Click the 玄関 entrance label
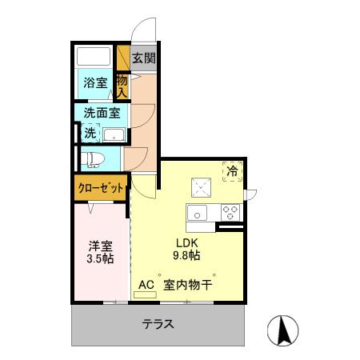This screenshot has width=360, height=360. pyautogui.click(x=144, y=58)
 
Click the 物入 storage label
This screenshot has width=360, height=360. pyautogui.click(x=122, y=86)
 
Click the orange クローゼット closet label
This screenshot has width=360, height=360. pyautogui.click(x=101, y=188)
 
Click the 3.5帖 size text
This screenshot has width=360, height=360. pyautogui.click(x=99, y=259)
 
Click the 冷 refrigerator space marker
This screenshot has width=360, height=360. pyautogui.click(x=232, y=170)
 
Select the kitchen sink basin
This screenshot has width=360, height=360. pyautogui.click(x=197, y=212)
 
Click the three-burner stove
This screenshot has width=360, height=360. pyautogui.click(x=230, y=212)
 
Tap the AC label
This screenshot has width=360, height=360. pyautogui.click(x=146, y=284)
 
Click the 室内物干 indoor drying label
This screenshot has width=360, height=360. pyautogui.click(x=188, y=284)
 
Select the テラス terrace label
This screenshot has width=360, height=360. pyautogui.click(x=158, y=324)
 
